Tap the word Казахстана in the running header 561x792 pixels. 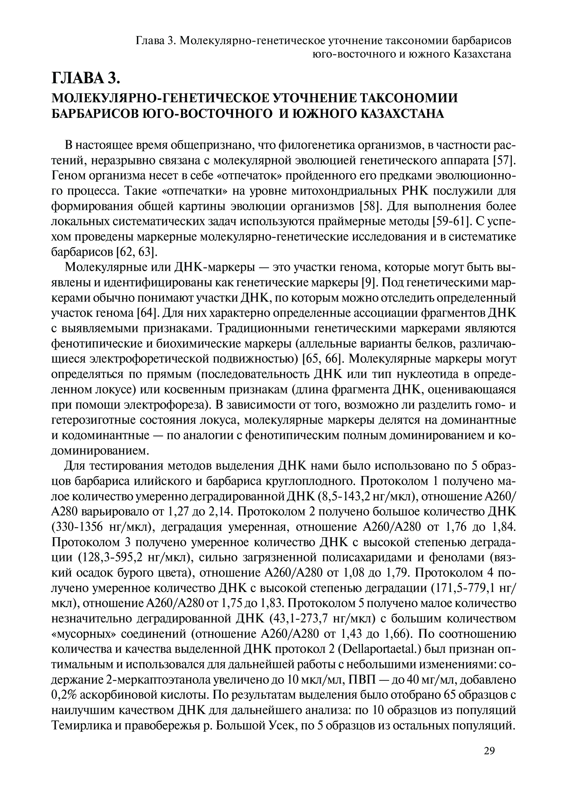[x=482, y=54]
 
